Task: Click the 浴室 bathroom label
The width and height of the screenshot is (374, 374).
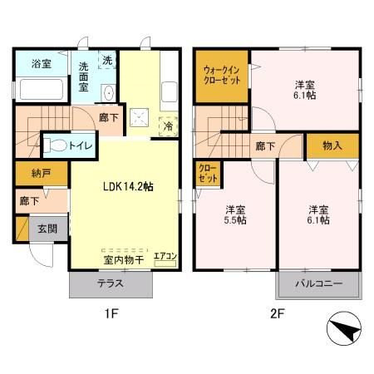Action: tap(42, 64)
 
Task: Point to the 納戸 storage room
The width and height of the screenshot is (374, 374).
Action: tap(31, 175)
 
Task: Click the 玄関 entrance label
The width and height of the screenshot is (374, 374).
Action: tap(46, 228)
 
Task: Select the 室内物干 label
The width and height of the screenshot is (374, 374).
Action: tap(125, 260)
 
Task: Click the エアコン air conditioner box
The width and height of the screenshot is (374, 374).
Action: tap(165, 256)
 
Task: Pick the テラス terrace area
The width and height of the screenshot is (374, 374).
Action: tap(111, 283)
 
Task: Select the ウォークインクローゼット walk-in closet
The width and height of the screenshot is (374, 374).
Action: tap(221, 76)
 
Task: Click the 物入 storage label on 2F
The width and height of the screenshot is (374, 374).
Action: tap(332, 145)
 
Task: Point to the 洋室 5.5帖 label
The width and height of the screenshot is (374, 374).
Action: tap(235, 214)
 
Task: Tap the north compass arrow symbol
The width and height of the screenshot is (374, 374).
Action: tap(342, 333)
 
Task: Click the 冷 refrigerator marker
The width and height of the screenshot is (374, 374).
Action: tap(168, 127)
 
